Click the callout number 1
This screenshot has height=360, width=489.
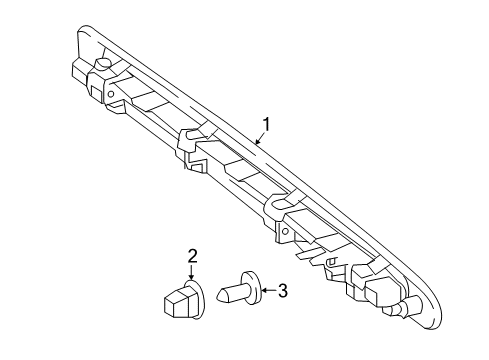tap(266, 125)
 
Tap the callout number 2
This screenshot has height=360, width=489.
tap(192, 256)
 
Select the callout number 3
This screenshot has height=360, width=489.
tap(282, 291)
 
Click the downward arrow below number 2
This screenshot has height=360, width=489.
tap(191, 272)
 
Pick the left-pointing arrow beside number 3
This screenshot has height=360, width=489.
tap(269, 290)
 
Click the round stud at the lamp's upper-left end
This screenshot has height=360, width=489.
tap(103, 63)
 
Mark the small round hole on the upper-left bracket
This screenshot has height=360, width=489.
tap(111, 94)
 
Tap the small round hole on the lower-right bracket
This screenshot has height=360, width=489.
tap(285, 231)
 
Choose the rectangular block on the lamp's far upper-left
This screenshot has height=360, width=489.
tap(80, 73)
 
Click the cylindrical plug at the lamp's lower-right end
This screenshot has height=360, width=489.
tap(411, 305)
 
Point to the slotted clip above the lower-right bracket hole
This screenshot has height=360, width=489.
tap(283, 203)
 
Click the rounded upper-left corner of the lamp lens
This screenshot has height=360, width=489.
tap(83, 29)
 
